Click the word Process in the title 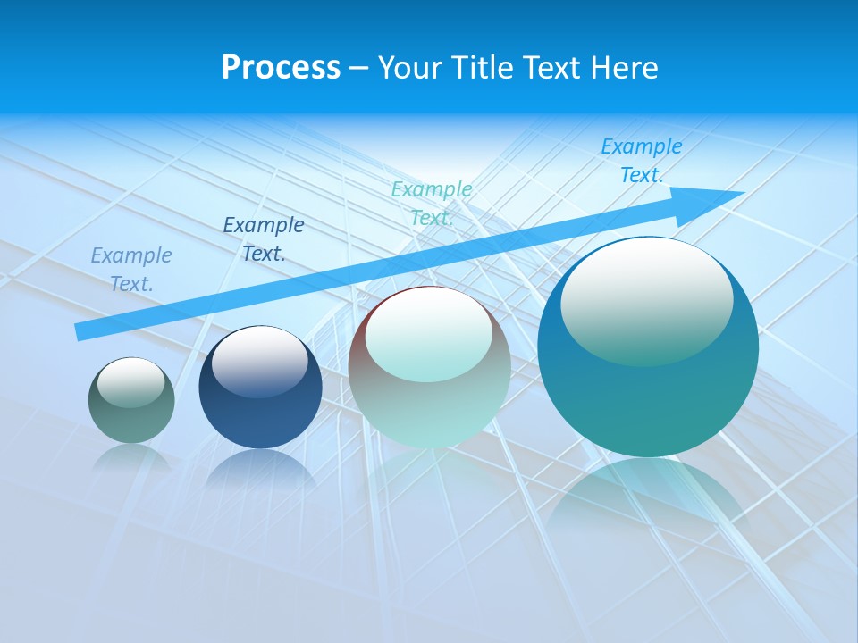(281, 68)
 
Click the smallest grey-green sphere (131, 420)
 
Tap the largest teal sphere (648, 402)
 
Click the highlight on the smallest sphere (131, 382)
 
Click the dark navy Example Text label (264, 239)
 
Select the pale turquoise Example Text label (432, 204)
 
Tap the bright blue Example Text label (642, 161)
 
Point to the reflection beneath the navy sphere (260, 468)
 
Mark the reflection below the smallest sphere (131, 457)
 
